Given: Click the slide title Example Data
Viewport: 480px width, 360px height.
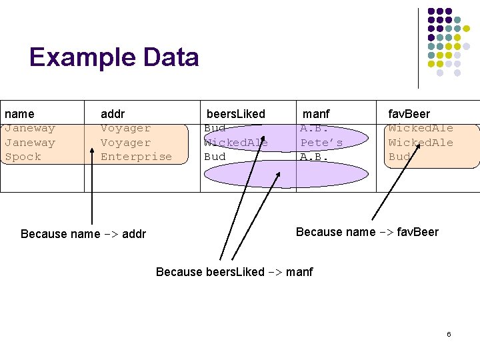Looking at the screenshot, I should pyautogui.click(x=114, y=57).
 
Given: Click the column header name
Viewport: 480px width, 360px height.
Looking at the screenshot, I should pyautogui.click(x=19, y=114).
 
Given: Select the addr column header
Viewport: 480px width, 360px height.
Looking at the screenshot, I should pyautogui.click(x=113, y=114).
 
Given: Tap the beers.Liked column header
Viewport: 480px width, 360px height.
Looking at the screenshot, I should pyautogui.click(x=235, y=114).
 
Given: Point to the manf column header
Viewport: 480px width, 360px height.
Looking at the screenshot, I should pyautogui.click(x=316, y=114).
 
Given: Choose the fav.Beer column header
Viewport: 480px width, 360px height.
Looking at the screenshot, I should pyautogui.click(x=409, y=114).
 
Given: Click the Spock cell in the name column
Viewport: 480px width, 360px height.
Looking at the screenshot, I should pyautogui.click(x=23, y=157).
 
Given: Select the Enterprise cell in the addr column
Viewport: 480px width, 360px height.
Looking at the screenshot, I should pyautogui.click(x=136, y=157).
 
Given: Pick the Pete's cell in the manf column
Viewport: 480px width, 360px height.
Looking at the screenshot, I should pyautogui.click(x=321, y=143).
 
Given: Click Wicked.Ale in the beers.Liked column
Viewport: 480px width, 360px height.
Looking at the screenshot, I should pyautogui.click(x=235, y=143).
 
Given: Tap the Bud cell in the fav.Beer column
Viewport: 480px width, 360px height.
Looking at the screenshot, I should pyautogui.click(x=399, y=157).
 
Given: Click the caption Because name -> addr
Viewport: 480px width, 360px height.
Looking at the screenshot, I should pyautogui.click(x=83, y=233).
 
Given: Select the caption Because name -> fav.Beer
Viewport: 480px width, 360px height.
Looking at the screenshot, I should pyautogui.click(x=367, y=232).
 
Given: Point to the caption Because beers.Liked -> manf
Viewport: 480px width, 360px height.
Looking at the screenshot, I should pyautogui.click(x=234, y=271).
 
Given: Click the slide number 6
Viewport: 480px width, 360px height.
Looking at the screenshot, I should pyautogui.click(x=449, y=333).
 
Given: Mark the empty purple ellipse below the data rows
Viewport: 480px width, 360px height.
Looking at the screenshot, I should pyautogui.click(x=285, y=174).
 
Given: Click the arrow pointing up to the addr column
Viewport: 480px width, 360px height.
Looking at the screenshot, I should pyautogui.click(x=91, y=193).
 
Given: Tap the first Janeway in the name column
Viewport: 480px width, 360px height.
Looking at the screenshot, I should pyautogui.click(x=29, y=128).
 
